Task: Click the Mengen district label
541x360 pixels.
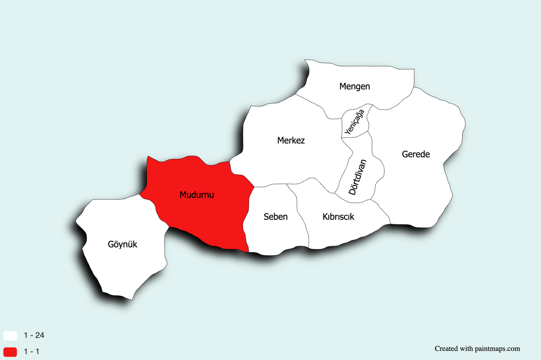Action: click(x=355, y=87)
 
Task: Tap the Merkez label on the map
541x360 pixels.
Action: click(x=291, y=140)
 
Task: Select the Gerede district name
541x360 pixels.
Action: click(x=415, y=154)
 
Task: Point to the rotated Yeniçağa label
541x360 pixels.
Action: click(x=354, y=122)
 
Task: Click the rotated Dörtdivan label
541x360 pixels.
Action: click(x=358, y=177)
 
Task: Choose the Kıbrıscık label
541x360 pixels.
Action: click(x=338, y=217)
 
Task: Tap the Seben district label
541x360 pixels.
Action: click(x=276, y=217)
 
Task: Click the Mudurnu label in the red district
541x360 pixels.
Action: click(x=197, y=195)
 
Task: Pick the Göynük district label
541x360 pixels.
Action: click(x=123, y=244)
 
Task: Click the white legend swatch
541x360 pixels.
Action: click(x=10, y=336)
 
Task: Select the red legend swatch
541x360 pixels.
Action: click(x=10, y=352)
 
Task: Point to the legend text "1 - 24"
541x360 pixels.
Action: click(x=34, y=336)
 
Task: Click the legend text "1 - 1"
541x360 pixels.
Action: click(x=32, y=352)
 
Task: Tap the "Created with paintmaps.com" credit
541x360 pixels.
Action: click(x=477, y=349)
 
